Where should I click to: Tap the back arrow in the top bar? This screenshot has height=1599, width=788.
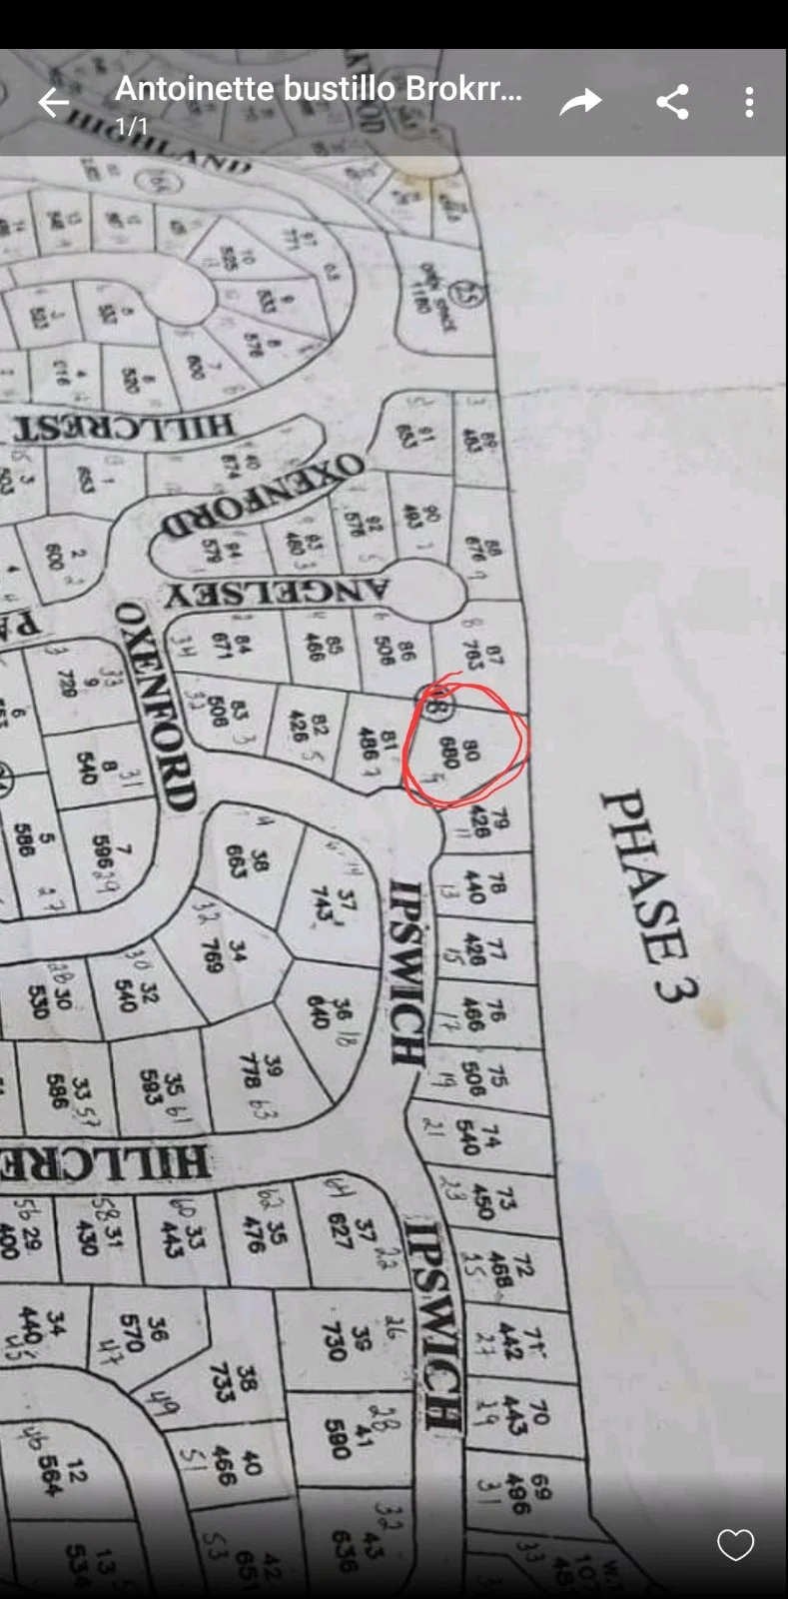pyautogui.click(x=54, y=102)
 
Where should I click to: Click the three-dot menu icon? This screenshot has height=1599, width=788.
pyautogui.click(x=749, y=102)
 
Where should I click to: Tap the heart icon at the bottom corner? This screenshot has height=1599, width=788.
pyautogui.click(x=735, y=1545)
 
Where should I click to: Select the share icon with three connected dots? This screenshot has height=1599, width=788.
pyautogui.click(x=672, y=102)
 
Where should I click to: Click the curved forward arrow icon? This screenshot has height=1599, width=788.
pyautogui.click(x=580, y=102)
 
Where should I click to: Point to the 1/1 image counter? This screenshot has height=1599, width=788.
pyautogui.click(x=132, y=127)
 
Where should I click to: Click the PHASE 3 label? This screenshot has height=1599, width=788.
pyautogui.click(x=649, y=894)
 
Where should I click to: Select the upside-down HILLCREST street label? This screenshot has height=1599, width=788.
pyautogui.click(x=125, y=428)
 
